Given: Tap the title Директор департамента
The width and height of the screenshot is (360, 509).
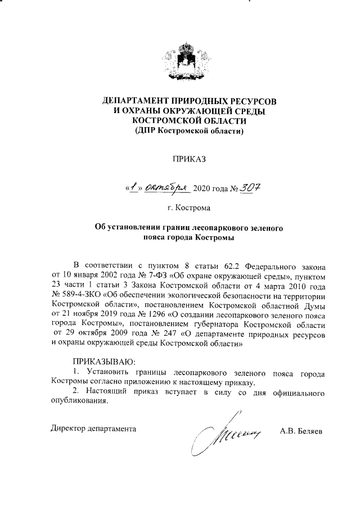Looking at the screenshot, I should click(93, 428).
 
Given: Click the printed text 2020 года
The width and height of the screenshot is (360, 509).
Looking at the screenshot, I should click(210, 187).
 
